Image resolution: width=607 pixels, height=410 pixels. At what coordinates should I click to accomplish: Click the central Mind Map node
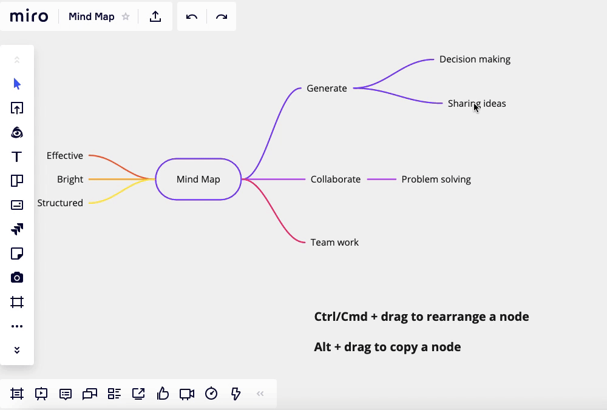[198, 179]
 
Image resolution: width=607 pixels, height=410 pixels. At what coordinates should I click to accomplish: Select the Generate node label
[327, 89]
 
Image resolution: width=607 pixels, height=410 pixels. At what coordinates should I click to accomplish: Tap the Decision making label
[475, 59]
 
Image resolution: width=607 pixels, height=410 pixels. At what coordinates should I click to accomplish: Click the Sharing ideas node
[476, 104]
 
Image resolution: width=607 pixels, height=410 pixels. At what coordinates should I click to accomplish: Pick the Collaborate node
[335, 180]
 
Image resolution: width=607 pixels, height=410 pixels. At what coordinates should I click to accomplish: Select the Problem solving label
[436, 180]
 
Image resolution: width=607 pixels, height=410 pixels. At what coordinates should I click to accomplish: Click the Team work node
[334, 243]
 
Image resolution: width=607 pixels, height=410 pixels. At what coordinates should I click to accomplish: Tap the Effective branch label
[65, 156]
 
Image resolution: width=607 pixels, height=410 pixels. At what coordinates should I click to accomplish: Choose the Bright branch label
[70, 180]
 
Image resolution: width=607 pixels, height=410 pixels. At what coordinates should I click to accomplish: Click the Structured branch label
[60, 203]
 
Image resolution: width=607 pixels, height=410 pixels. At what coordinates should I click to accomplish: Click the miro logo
[29, 16]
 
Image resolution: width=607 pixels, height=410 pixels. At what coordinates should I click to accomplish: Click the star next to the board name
[126, 17]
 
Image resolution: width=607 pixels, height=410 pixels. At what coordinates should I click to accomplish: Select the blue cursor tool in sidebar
[17, 84]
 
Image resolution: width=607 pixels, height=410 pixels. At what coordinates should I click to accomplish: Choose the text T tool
[17, 156]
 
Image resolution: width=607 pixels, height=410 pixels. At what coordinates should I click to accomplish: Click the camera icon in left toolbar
[17, 278]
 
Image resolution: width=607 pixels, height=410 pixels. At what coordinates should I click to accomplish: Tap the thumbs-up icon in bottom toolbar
[163, 394]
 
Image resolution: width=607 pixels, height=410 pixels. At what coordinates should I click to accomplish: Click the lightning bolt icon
[236, 394]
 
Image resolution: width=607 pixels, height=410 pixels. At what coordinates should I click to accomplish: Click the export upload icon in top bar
[155, 17]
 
